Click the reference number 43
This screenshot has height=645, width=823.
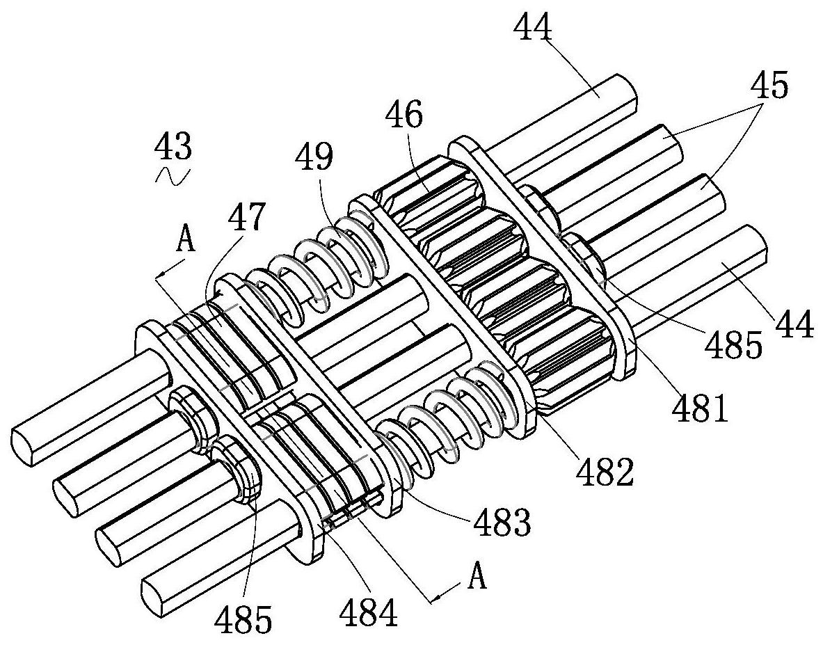(x=173, y=147)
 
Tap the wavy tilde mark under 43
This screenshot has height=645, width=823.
(x=173, y=176)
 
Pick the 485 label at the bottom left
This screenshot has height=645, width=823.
(x=243, y=619)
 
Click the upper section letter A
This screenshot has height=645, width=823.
(x=186, y=241)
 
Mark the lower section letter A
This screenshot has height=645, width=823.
(x=476, y=578)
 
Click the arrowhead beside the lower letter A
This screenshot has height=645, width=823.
(x=438, y=596)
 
